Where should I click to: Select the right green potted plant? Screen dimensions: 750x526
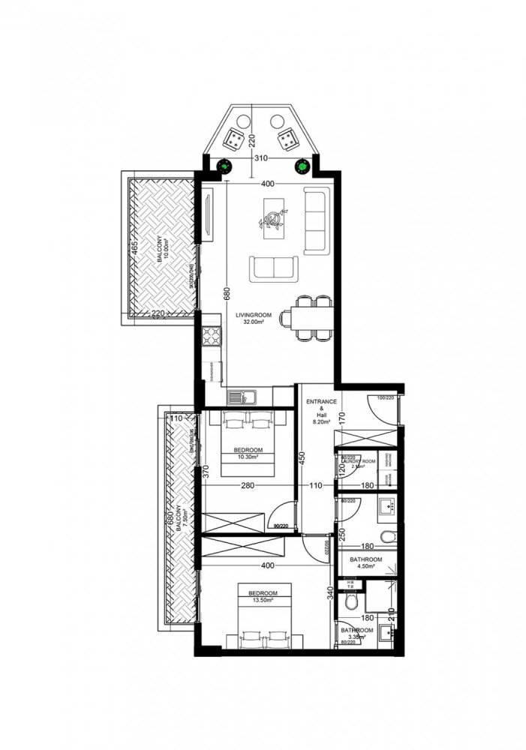[304, 166]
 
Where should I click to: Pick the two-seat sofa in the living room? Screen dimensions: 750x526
[272, 268]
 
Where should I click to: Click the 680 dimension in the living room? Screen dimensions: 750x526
[225, 294]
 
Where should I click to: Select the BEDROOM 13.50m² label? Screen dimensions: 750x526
[256, 597]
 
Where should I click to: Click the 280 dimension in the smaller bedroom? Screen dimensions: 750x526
[248, 486]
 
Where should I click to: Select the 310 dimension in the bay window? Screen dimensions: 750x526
[260, 159]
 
